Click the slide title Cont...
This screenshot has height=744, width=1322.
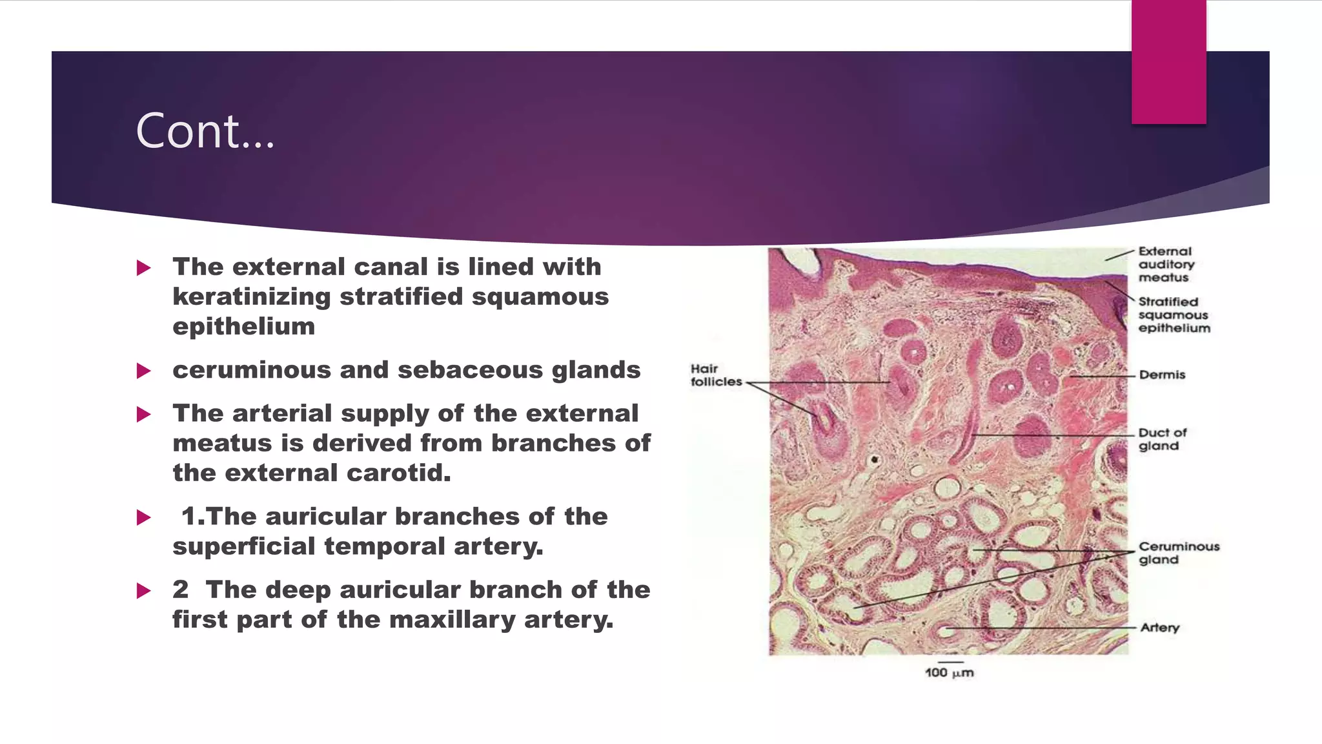205,131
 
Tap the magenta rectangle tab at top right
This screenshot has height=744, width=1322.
1168,62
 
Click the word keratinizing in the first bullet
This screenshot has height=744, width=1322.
251,297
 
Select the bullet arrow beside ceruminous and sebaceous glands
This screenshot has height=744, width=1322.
144,371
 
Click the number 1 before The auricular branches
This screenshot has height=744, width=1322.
189,517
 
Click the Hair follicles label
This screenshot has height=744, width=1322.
715,375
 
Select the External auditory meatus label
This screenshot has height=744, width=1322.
1166,264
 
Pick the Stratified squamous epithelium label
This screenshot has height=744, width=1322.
1174,315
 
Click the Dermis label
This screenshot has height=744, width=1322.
1162,375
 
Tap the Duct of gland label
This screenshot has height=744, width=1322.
1162,439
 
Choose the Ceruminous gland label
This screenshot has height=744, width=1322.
1178,553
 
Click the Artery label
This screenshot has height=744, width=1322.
1159,628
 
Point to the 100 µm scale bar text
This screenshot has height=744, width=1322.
949,673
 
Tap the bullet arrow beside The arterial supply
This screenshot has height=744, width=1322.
144,414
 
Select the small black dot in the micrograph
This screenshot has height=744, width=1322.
875,460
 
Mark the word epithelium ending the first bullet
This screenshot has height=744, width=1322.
243,327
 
